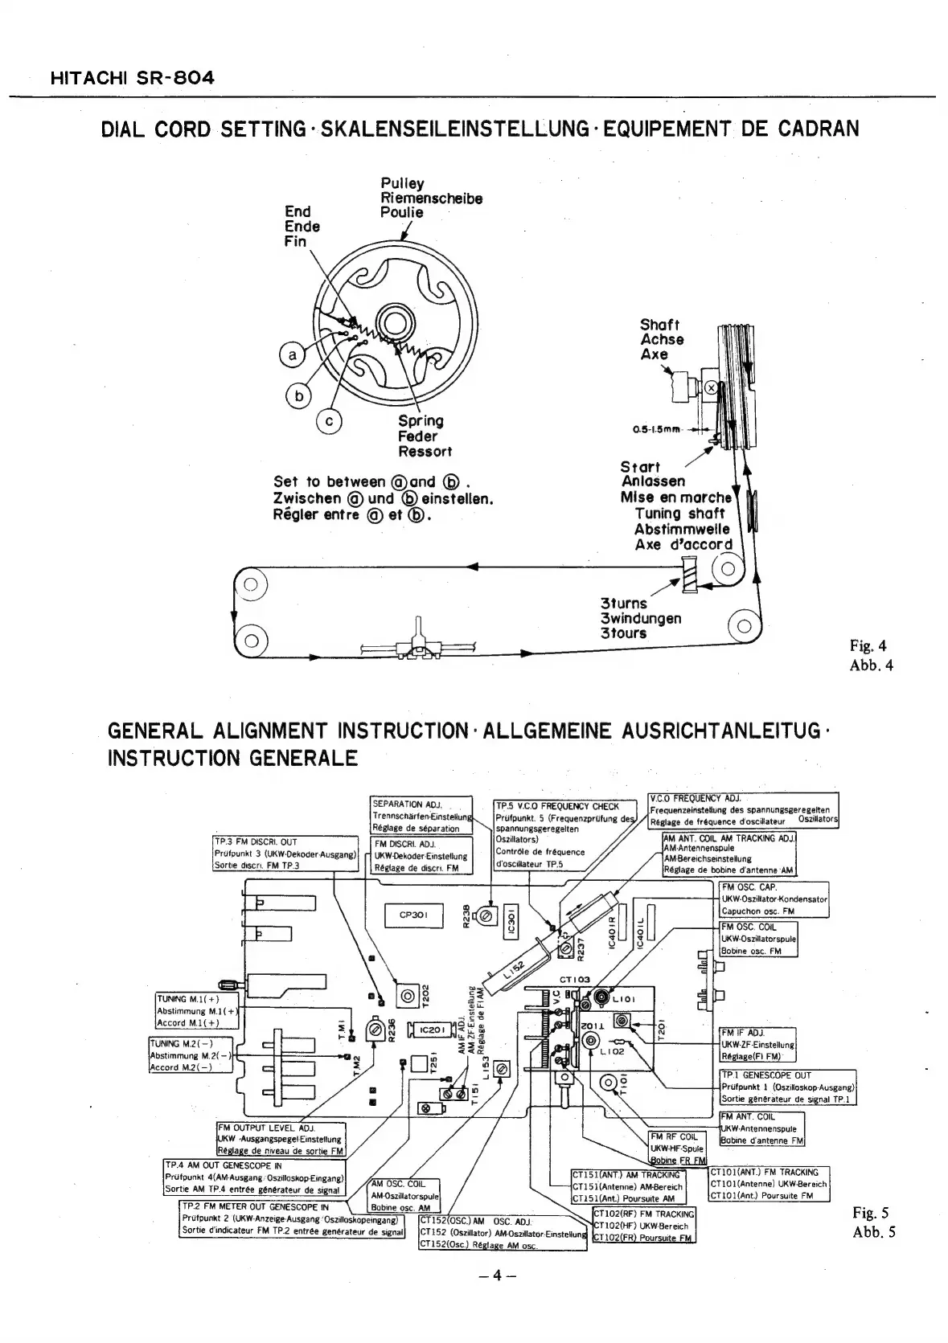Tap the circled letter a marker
(x=293, y=354)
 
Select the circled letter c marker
(x=330, y=420)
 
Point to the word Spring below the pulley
(x=421, y=421)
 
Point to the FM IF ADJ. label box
(x=757, y=1045)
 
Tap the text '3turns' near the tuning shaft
(x=623, y=604)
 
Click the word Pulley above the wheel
(x=402, y=183)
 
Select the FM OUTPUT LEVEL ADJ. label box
(x=281, y=1139)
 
